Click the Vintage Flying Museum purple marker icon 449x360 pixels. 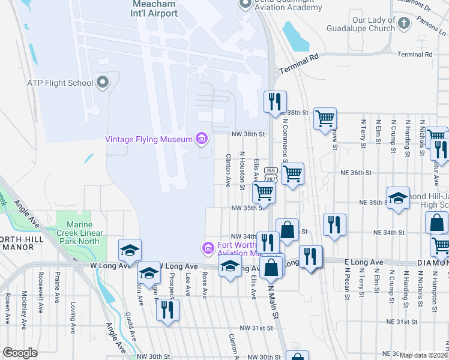[201, 139]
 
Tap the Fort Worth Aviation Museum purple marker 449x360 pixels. [207, 247]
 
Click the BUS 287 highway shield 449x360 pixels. [270, 175]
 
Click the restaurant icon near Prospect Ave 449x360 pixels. [167, 310]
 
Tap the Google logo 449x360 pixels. [20, 353]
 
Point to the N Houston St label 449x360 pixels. [243, 170]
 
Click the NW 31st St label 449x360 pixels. [256, 328]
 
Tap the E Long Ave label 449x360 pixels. [364, 262]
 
